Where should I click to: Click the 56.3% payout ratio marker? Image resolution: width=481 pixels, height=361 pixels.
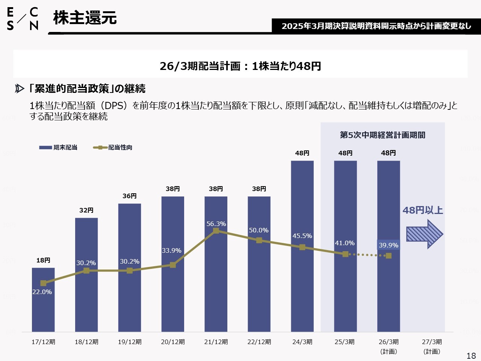point(216,231)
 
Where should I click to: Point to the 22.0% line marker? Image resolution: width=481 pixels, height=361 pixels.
point(43,283)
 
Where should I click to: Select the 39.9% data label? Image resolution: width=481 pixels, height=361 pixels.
point(389,245)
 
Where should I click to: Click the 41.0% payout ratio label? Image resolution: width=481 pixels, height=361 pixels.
point(345,243)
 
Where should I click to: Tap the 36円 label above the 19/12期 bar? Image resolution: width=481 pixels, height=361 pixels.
point(130,196)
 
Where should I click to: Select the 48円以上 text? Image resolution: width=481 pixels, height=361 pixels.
point(423,210)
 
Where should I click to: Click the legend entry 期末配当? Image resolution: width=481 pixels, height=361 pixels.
point(59,147)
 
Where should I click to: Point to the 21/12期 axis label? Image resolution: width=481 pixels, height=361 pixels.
point(216,342)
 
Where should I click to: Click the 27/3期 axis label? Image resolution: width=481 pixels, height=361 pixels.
point(432,342)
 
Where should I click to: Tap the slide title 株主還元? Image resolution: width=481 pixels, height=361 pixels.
point(85,18)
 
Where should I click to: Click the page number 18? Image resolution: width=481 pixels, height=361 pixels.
point(471,356)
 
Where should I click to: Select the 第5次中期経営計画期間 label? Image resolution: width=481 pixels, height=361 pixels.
point(383,135)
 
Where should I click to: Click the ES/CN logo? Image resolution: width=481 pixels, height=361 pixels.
point(23,19)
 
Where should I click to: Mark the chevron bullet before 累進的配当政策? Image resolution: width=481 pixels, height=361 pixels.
point(20,89)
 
